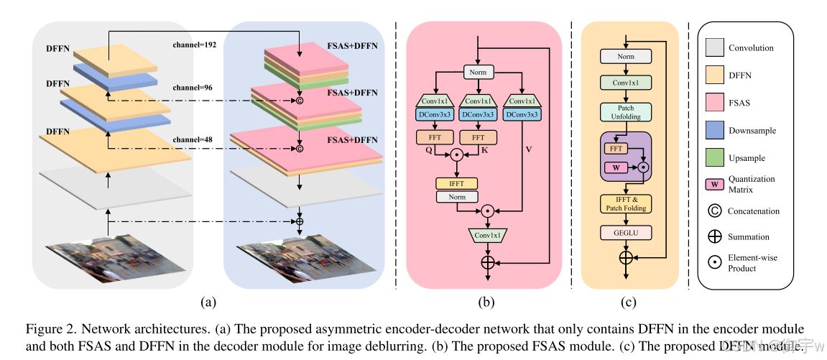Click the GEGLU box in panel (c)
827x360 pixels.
(x=626, y=234)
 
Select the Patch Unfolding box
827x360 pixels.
(x=626, y=112)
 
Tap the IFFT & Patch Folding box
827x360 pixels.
(x=626, y=203)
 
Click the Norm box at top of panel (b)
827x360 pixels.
(x=478, y=73)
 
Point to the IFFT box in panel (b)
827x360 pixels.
(x=456, y=183)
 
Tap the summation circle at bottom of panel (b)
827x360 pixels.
(x=488, y=262)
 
